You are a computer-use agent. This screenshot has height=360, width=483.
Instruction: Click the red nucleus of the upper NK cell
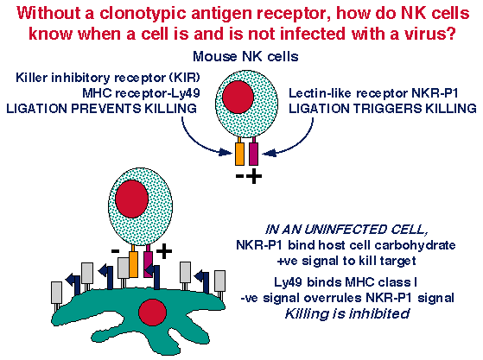coord(238,98)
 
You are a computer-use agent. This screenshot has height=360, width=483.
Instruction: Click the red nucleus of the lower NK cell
coord(132,199)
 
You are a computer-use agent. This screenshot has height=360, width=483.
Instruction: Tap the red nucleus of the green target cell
coord(152,313)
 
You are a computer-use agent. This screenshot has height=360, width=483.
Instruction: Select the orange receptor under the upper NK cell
coord(239,154)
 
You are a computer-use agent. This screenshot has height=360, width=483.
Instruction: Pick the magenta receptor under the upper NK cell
coord(253,154)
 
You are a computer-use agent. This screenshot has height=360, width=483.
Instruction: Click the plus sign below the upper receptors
coord(254,176)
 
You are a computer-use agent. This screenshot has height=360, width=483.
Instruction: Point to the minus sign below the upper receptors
coord(239,176)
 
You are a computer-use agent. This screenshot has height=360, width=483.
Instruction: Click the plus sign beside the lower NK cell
coord(164,251)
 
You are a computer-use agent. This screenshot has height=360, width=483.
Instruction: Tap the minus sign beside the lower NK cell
coord(115,251)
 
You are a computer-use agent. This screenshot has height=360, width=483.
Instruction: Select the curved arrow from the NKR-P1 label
coord(298,143)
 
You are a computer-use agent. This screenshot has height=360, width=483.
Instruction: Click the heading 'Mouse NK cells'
coord(245,57)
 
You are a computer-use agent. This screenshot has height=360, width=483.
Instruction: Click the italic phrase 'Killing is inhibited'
coord(347,314)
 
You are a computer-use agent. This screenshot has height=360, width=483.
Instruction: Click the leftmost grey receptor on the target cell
coord(56,293)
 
